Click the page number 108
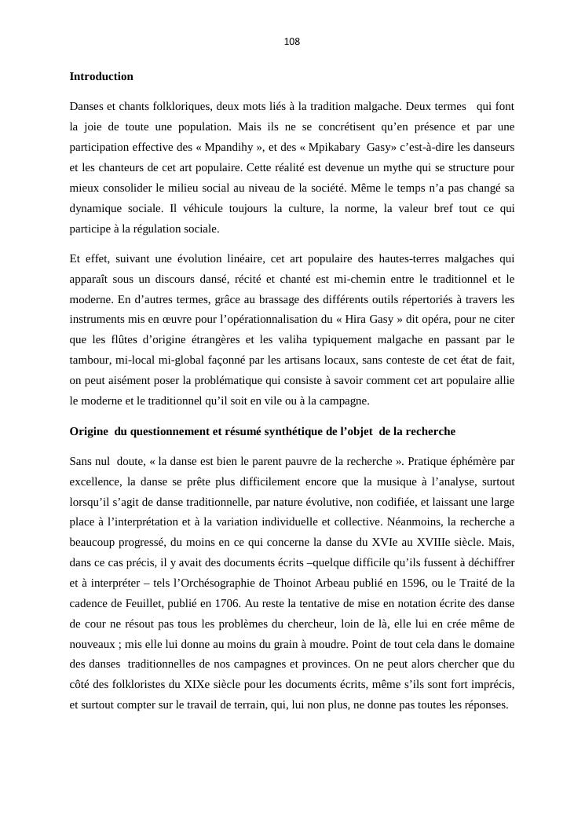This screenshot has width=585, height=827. click(292, 42)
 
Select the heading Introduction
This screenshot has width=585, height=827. click(101, 77)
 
